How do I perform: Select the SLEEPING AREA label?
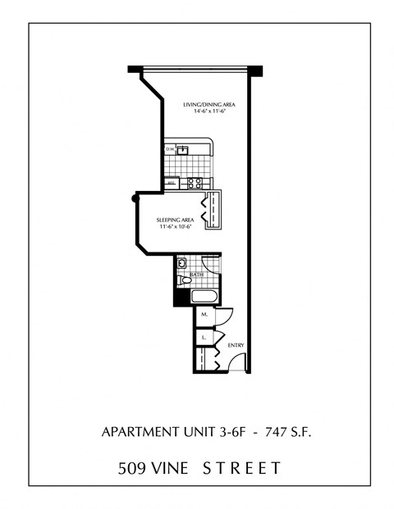click(174, 220)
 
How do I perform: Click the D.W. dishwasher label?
click(170, 149)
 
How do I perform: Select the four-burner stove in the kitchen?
click(195, 183)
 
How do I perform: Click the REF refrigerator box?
click(172, 183)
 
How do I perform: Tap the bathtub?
click(205, 296)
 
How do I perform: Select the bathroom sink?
click(181, 264)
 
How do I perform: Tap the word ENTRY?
click(236, 345)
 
